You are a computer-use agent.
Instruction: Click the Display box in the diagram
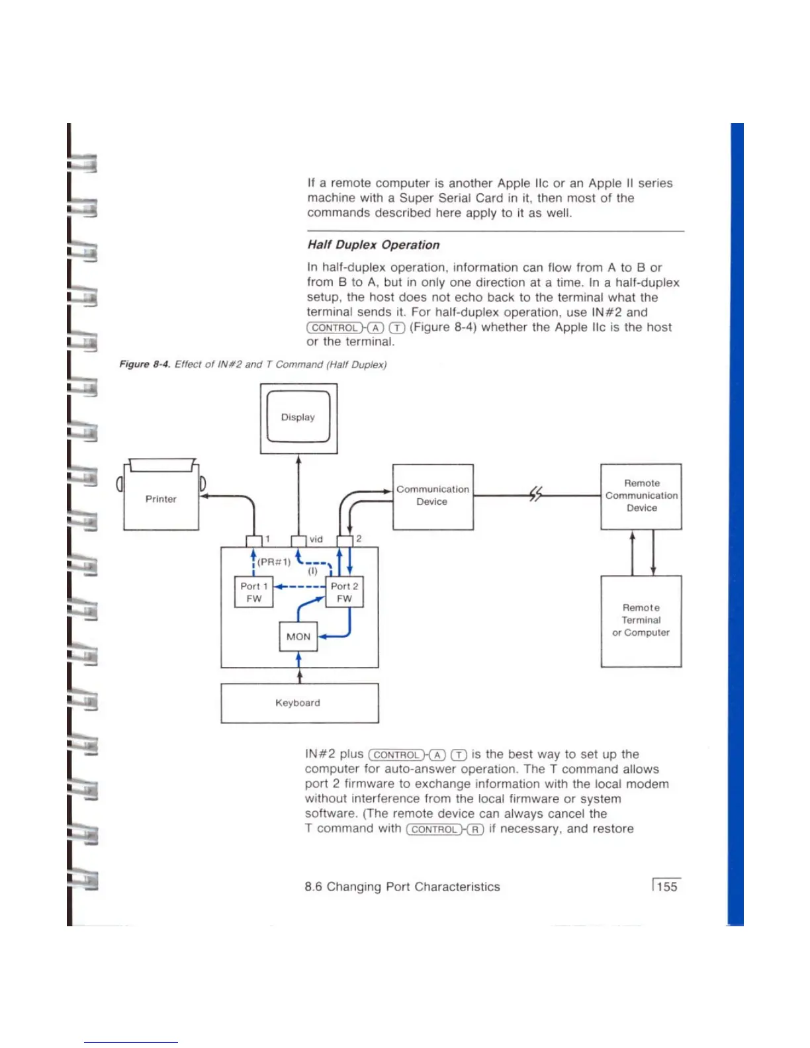click(298, 417)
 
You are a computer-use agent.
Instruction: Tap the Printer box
click(161, 499)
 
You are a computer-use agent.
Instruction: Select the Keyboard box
click(299, 703)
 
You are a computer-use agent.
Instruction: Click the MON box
click(298, 636)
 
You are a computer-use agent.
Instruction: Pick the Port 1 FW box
click(254, 592)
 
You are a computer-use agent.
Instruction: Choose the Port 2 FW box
click(344, 592)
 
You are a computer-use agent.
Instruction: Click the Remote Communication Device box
click(641, 496)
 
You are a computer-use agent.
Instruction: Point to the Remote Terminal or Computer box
click(641, 620)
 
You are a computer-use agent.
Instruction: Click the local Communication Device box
click(433, 496)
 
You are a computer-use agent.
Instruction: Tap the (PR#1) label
click(274, 562)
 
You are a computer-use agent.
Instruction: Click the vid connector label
click(316, 539)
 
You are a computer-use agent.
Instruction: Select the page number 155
click(667, 887)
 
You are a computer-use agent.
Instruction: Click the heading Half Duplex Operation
click(373, 245)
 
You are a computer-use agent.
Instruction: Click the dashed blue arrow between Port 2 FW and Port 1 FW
click(300, 586)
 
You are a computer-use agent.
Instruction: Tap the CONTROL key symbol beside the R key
click(434, 830)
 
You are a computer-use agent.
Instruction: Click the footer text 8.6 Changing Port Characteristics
click(402, 887)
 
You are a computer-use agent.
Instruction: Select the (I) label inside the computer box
click(312, 571)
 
